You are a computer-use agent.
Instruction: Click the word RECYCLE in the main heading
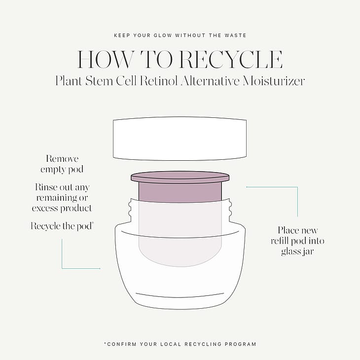[x=231, y=60]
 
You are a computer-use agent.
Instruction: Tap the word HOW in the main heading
[x=106, y=60]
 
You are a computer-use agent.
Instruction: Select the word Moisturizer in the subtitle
[x=274, y=81]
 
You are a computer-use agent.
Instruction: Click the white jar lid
[x=180, y=139]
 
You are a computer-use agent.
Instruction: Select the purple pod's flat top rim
[x=180, y=177]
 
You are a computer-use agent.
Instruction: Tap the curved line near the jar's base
[x=180, y=295]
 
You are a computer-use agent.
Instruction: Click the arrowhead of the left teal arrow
[x=100, y=268]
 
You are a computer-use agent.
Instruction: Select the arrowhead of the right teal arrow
[x=247, y=187]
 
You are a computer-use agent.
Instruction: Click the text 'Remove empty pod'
[x=62, y=164]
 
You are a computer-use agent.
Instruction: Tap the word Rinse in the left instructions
[x=46, y=187]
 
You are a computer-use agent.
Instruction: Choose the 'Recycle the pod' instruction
[x=61, y=226]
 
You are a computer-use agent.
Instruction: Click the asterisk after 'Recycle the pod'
[x=93, y=223]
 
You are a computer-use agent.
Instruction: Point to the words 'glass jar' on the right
[x=297, y=251]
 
